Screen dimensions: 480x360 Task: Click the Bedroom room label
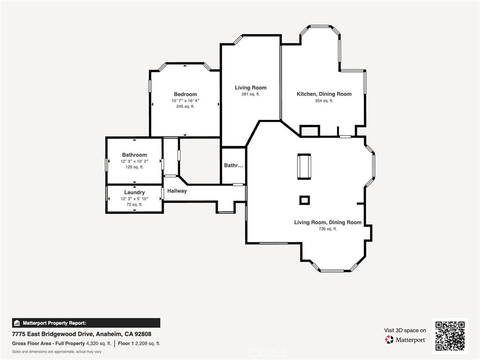click(x=185, y=94)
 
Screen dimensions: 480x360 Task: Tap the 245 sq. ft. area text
click(x=185, y=106)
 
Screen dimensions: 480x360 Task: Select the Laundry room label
click(x=135, y=193)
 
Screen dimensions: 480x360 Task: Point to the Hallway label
click(x=177, y=191)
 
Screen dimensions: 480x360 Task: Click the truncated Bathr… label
click(x=233, y=165)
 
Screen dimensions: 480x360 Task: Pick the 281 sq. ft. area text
click(x=251, y=94)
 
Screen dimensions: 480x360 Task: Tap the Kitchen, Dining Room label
click(x=324, y=94)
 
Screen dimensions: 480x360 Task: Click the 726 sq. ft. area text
click(x=328, y=229)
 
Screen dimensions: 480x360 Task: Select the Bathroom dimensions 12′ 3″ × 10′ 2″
click(x=135, y=161)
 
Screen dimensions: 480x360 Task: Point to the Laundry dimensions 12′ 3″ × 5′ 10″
click(x=135, y=199)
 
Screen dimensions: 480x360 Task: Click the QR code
click(x=450, y=336)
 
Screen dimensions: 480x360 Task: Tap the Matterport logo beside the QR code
click(x=405, y=339)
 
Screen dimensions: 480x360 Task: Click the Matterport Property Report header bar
click(x=86, y=323)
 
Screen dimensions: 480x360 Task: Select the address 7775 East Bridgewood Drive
click(x=52, y=334)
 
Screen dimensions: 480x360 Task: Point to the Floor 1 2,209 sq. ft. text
click(x=139, y=344)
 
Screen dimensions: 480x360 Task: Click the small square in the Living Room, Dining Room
click(x=304, y=200)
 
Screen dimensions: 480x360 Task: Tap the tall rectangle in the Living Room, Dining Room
click(x=304, y=166)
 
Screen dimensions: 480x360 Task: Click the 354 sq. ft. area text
click(x=324, y=101)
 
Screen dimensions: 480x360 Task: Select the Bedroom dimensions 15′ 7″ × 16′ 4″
click(x=185, y=100)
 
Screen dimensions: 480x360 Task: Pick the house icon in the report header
click(x=17, y=323)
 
